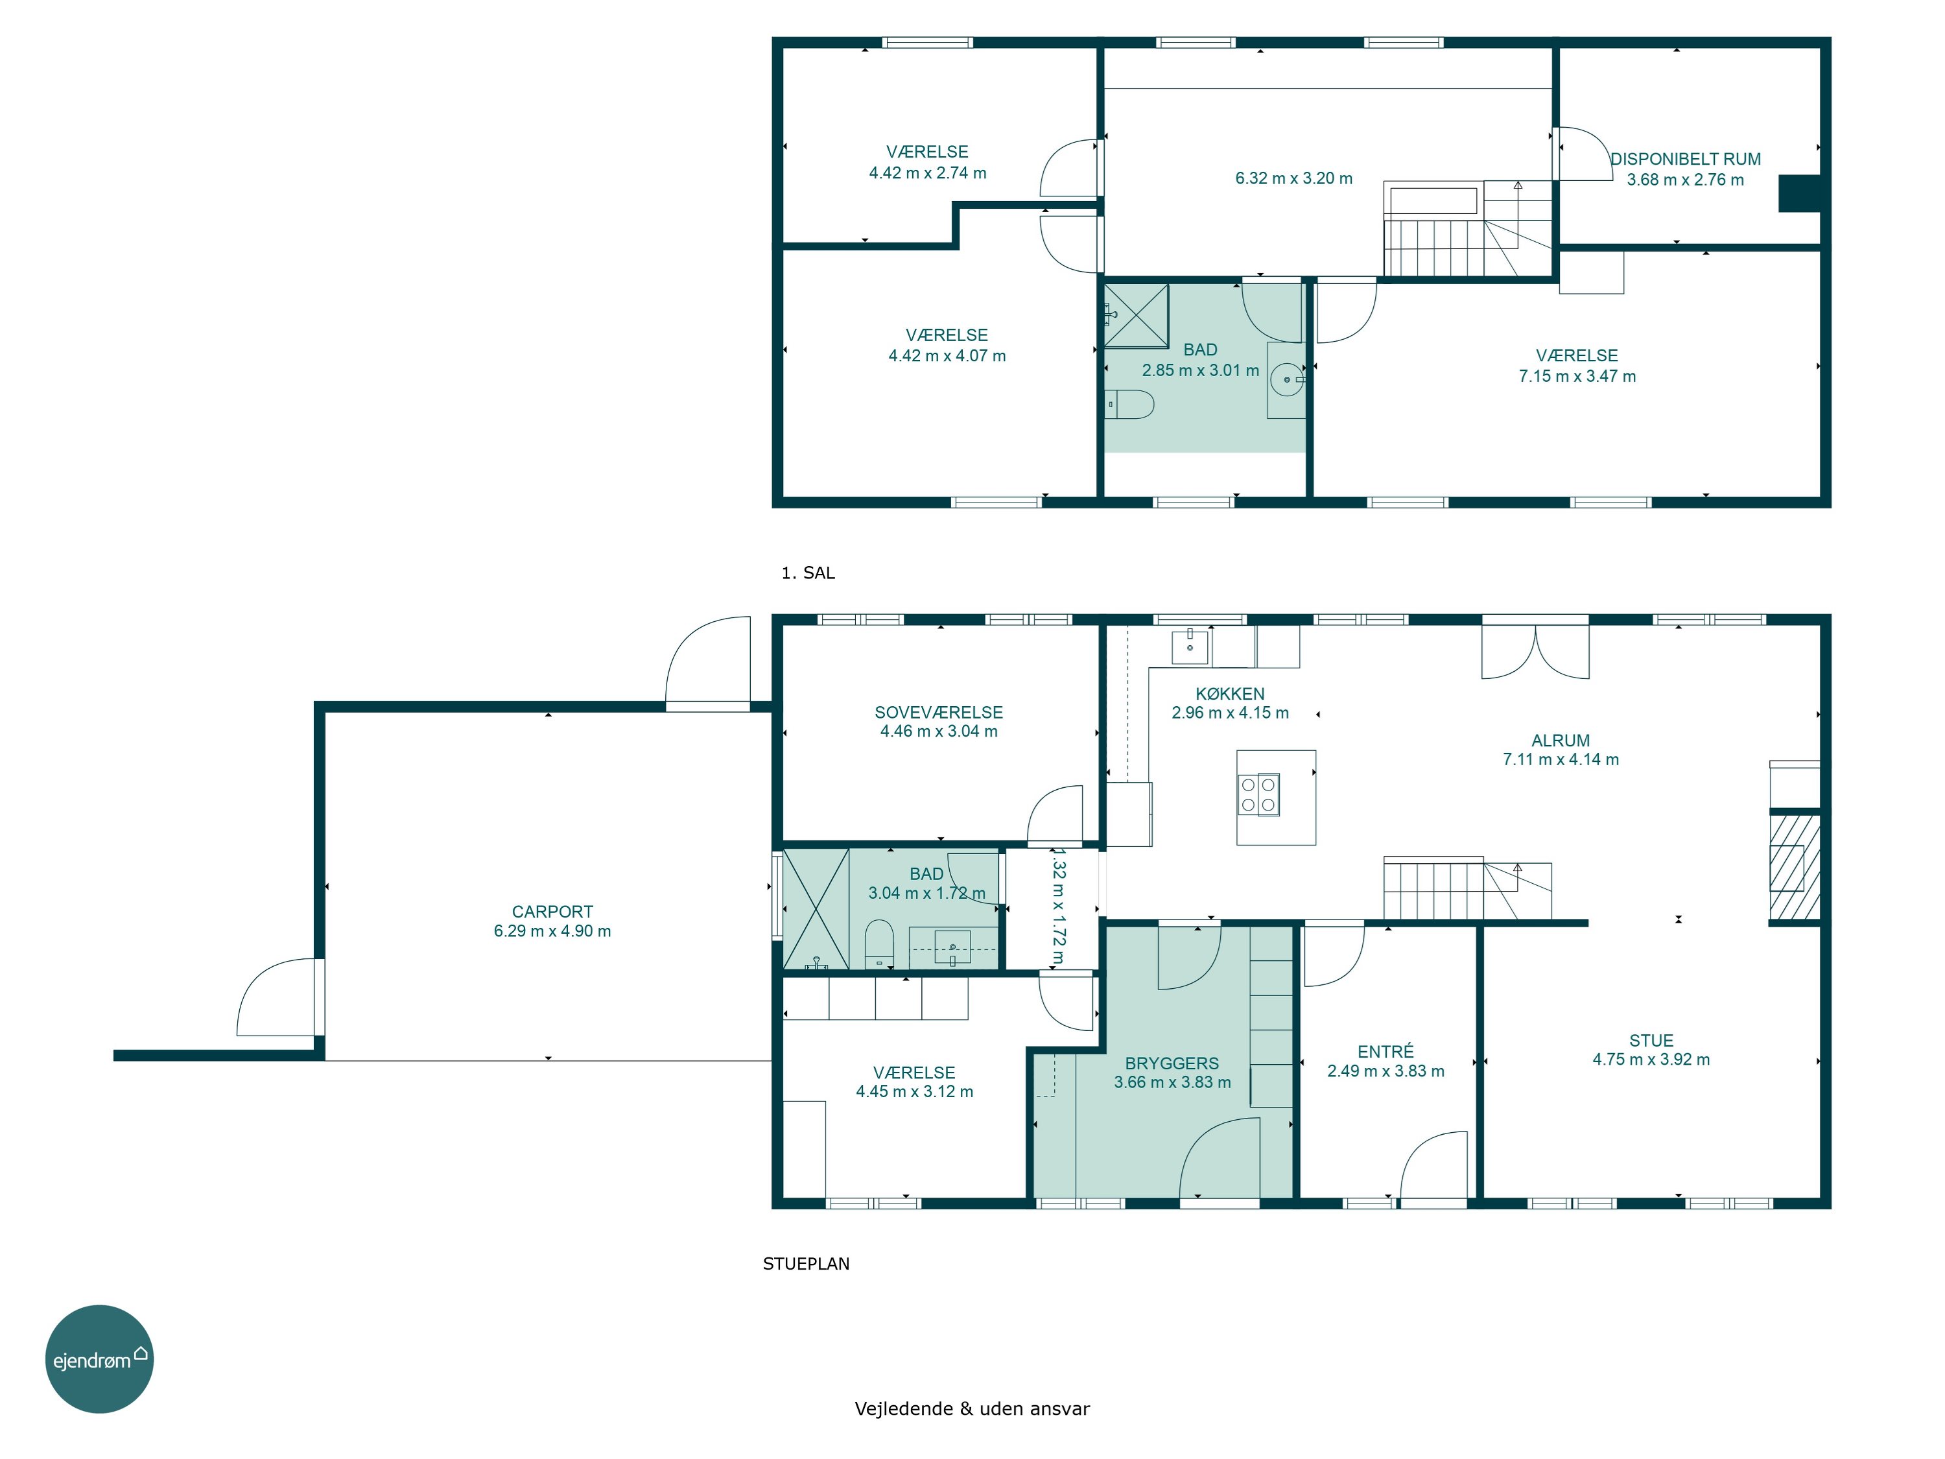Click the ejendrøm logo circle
(99, 1358)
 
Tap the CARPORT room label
(552, 912)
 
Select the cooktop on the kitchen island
(1258, 795)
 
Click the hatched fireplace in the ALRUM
(1794, 866)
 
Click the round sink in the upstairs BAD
(1288, 380)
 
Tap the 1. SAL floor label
(808, 573)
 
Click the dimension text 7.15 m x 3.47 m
(1577, 376)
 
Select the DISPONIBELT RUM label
(1686, 159)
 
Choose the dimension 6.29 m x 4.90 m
(552, 931)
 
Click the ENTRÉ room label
(1385, 1052)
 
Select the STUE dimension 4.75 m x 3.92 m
(1651, 1060)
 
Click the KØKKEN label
(1230, 694)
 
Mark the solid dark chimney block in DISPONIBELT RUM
(1799, 193)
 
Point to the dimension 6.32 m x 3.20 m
(1294, 178)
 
